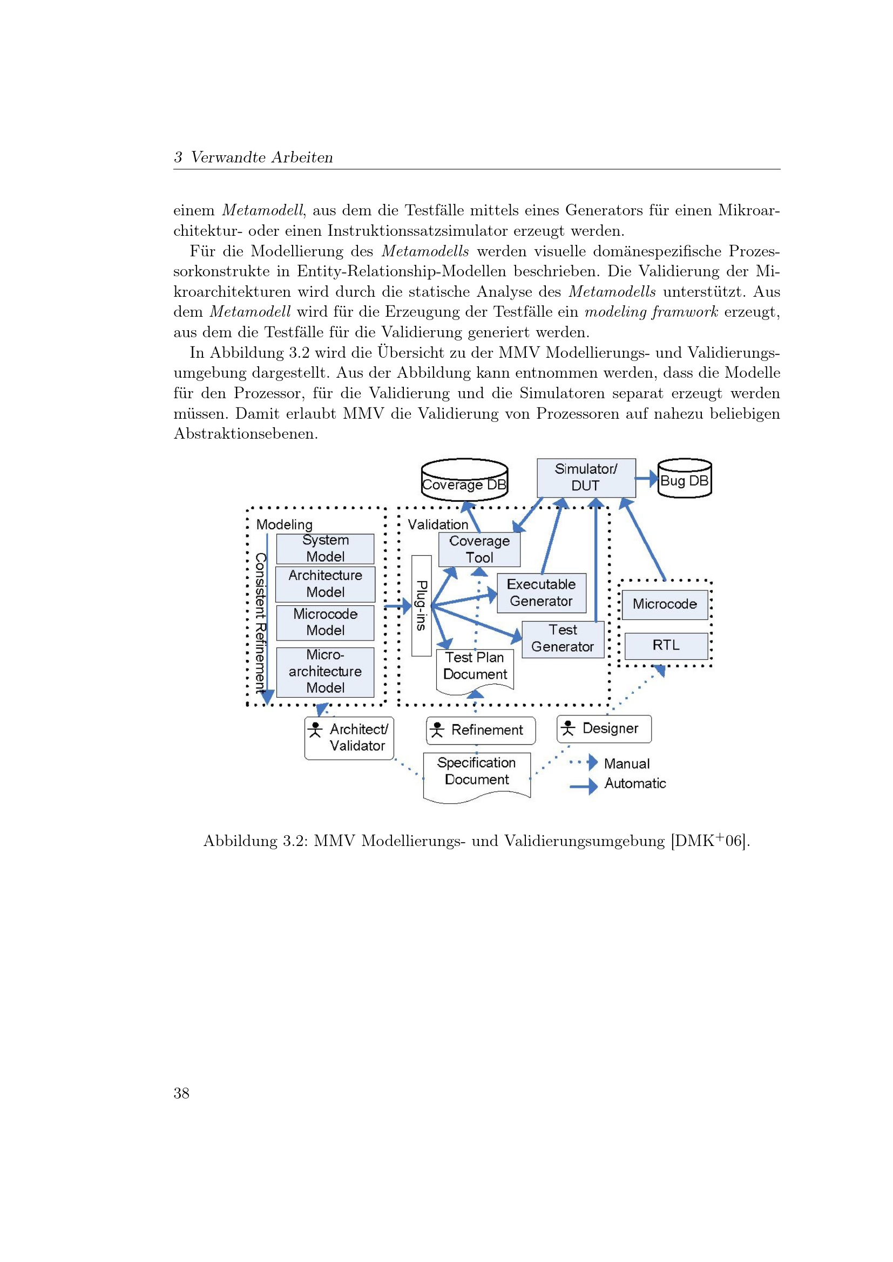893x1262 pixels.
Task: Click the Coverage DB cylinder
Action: (x=464, y=480)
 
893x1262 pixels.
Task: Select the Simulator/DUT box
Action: (x=586, y=477)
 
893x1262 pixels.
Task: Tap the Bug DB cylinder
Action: (x=685, y=479)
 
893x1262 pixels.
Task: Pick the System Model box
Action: (x=325, y=549)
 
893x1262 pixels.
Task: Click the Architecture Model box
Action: (x=325, y=584)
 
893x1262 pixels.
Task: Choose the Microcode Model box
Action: (x=325, y=622)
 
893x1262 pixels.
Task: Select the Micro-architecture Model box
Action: (x=325, y=671)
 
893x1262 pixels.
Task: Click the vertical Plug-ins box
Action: (x=421, y=605)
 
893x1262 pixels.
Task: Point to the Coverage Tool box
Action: (x=479, y=549)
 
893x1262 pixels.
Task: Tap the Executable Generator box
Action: (x=541, y=592)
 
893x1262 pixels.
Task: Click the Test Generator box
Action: (x=563, y=639)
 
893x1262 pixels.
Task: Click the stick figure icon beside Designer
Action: (x=568, y=728)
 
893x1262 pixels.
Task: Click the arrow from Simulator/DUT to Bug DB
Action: (x=647, y=478)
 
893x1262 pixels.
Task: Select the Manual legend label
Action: (x=626, y=763)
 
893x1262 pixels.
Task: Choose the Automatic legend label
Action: (x=635, y=783)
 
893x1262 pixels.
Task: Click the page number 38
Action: (x=181, y=1093)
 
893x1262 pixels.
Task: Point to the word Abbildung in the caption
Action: (x=240, y=841)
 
